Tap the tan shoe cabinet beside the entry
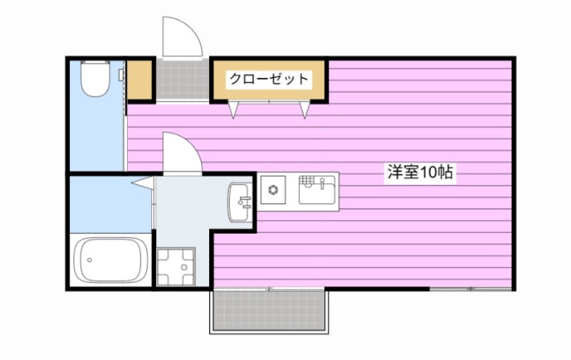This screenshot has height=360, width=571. (141, 80)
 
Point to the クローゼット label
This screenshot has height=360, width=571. (270, 79)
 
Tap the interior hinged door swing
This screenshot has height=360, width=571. (180, 151)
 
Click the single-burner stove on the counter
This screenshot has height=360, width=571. (273, 191)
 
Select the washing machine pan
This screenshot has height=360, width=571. (173, 266)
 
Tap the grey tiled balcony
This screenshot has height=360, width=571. (269, 311)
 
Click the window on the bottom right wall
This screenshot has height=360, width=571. (470, 289)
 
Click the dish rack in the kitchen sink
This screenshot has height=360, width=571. (308, 179)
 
